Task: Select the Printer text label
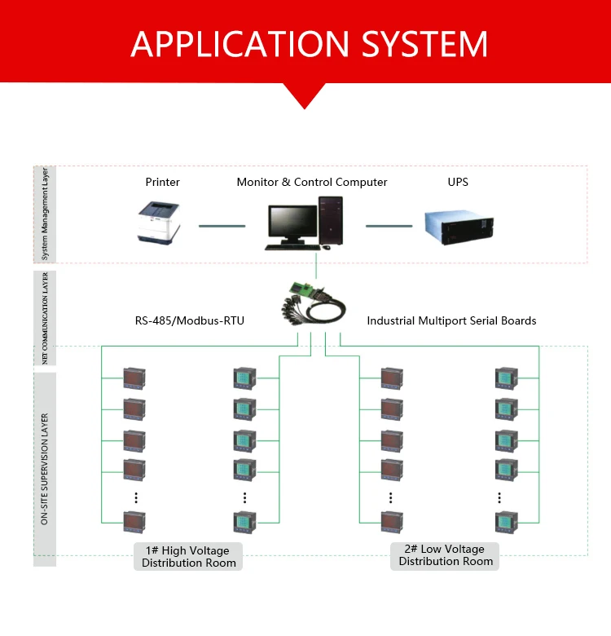(163, 182)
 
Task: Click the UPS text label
(458, 182)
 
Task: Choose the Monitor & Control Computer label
(312, 182)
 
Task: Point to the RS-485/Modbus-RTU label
(190, 320)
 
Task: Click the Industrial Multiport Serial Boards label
(451, 320)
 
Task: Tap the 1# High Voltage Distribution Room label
(189, 556)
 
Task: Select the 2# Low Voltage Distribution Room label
(446, 555)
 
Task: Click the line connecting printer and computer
(222, 226)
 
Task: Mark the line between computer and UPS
(389, 226)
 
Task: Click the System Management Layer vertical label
(45, 214)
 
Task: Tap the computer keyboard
(291, 247)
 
